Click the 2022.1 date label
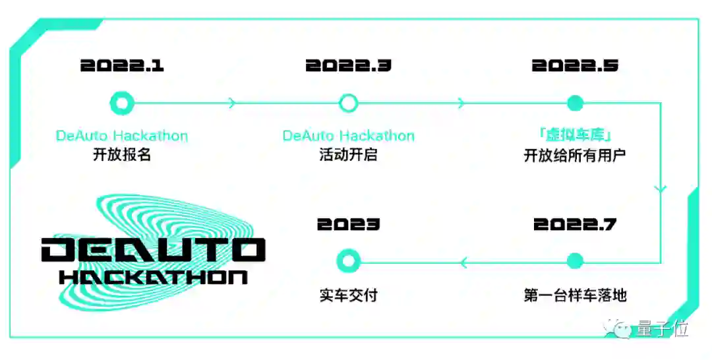[x=122, y=66]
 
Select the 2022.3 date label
[x=348, y=66]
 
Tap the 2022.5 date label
[x=575, y=66]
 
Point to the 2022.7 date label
[x=575, y=225]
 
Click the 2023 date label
[x=348, y=225]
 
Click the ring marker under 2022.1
[x=122, y=103]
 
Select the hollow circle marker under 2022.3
[x=348, y=103]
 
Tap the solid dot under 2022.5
[x=575, y=103]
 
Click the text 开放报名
[x=122, y=156]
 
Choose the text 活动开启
[x=348, y=156]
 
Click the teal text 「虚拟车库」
[x=575, y=135]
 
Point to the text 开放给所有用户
[x=575, y=156]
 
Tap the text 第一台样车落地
[x=575, y=295]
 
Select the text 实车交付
[x=348, y=295]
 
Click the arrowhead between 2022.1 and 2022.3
[x=231, y=103]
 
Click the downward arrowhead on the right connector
[x=661, y=189]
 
